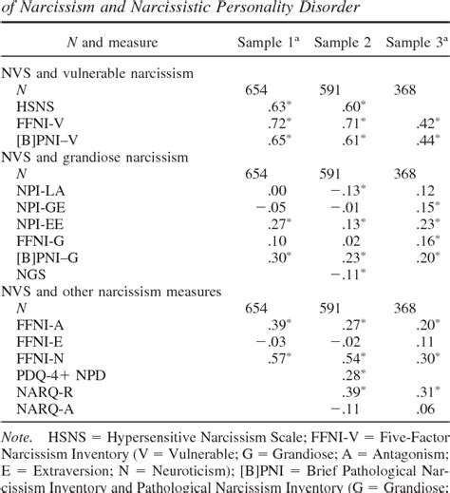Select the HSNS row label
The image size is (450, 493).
tap(47, 106)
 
